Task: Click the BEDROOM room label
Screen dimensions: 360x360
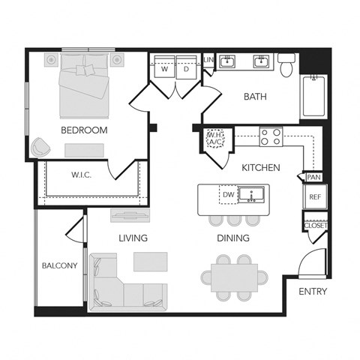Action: click(84, 130)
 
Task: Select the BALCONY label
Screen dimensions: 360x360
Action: click(59, 265)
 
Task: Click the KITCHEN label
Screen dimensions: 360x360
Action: click(261, 167)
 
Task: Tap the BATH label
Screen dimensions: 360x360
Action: click(256, 96)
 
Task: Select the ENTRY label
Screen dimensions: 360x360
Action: click(311, 291)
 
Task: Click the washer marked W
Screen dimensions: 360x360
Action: click(163, 69)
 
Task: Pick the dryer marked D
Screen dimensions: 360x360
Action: click(186, 69)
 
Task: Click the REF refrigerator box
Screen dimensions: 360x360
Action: click(313, 197)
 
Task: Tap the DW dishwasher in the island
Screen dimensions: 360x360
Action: click(228, 195)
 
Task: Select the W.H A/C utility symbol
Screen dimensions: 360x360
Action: click(215, 139)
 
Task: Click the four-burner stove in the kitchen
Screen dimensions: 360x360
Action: click(271, 136)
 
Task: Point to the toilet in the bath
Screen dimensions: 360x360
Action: click(286, 66)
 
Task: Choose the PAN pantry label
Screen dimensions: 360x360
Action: click(313, 177)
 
